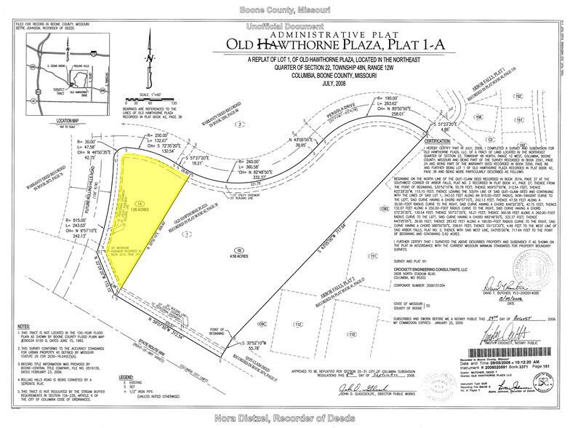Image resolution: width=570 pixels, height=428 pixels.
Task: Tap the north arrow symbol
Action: click(x=148, y=62)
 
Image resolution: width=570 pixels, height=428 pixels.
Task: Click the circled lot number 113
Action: click(x=375, y=333)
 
